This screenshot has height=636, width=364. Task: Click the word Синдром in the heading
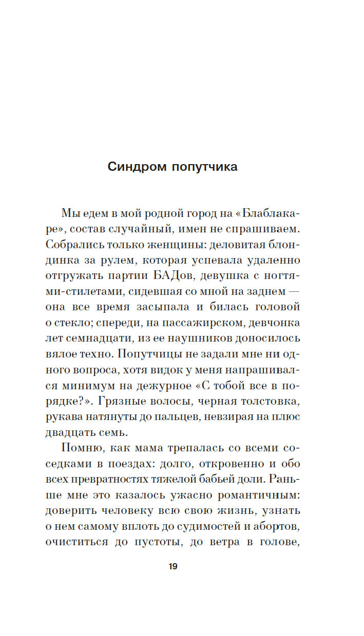(134, 167)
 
